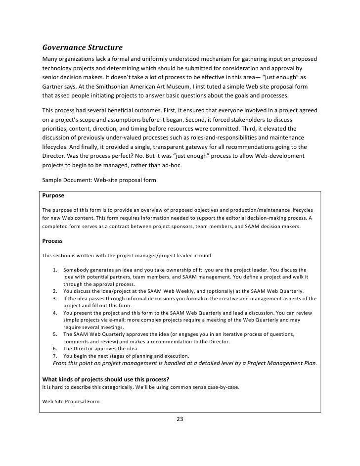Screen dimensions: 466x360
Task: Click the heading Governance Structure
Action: coord(82,48)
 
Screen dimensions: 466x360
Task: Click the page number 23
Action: coord(180,419)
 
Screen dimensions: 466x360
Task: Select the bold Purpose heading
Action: coord(53,195)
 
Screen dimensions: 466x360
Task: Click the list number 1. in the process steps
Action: coord(56,270)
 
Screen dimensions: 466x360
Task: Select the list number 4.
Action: coord(56,313)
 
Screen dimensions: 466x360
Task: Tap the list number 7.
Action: coord(56,356)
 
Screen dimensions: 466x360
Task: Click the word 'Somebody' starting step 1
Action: coord(76,270)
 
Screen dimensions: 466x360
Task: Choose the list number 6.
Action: coord(56,349)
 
